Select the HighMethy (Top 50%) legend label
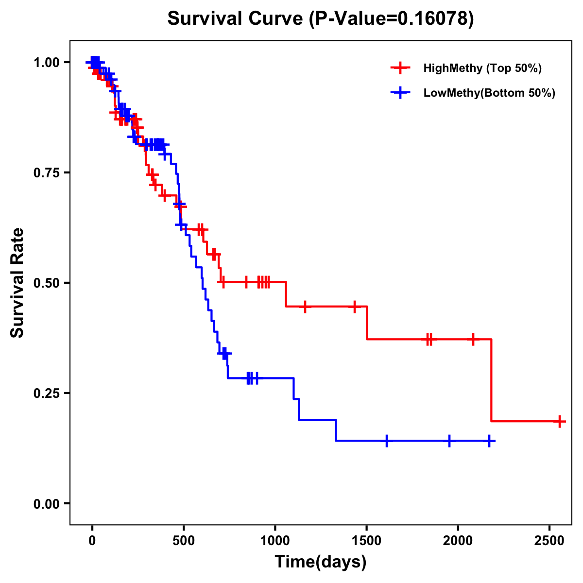[x=482, y=68]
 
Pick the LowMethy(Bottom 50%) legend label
[x=489, y=93]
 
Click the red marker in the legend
[x=400, y=68]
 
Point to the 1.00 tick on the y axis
[x=46, y=63]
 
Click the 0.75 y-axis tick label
[x=46, y=173]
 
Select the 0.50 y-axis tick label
[x=46, y=283]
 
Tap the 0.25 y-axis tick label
[x=46, y=393]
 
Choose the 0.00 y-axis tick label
[x=46, y=503]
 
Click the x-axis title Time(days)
[x=321, y=562]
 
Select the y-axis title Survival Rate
[x=17, y=283]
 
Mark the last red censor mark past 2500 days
[x=560, y=421]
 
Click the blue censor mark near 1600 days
[x=387, y=441]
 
